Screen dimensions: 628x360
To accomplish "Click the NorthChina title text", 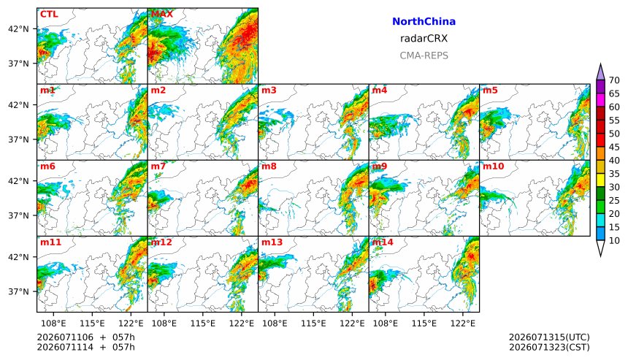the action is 424,22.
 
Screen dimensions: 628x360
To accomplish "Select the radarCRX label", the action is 424,39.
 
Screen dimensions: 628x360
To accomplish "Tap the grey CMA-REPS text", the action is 424,55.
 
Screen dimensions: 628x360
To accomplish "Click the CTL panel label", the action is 49,14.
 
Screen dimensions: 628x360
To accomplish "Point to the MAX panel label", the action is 162,14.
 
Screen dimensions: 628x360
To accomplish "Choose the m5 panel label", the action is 490,90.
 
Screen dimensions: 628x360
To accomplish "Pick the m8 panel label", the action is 269,166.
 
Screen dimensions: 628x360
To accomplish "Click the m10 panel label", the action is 493,166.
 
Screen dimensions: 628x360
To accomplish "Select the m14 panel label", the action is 383,242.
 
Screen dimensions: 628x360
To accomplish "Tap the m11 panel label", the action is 50,242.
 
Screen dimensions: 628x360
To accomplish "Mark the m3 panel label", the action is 269,90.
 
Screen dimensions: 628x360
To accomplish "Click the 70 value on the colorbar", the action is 614,80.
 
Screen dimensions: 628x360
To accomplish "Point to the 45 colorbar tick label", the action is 614,147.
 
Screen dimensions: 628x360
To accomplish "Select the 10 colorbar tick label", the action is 614,241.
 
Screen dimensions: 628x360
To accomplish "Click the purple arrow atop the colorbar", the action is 600,72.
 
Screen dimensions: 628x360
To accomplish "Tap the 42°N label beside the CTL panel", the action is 18,28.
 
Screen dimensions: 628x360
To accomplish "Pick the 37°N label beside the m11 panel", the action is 18,291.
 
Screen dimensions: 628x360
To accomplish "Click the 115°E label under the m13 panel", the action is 313,323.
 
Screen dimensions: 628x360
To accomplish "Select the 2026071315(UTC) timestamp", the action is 549,337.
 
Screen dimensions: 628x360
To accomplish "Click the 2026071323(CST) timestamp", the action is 549,347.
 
